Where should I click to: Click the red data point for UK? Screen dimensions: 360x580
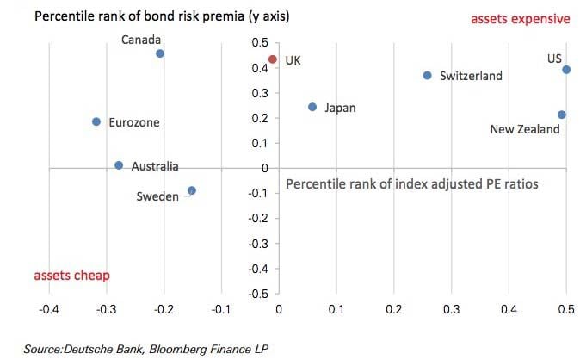click(273, 59)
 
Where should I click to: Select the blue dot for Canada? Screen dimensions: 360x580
click(160, 53)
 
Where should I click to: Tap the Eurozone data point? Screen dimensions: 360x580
click(96, 121)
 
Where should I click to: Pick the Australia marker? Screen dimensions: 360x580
click(119, 165)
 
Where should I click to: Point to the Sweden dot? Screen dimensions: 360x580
click(192, 190)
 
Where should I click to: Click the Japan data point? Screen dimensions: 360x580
click(312, 107)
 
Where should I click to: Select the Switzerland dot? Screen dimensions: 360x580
click(428, 75)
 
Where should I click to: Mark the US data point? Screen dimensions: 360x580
click(566, 70)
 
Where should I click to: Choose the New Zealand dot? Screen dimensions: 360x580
click(561, 115)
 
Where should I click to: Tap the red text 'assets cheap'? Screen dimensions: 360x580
click(71, 276)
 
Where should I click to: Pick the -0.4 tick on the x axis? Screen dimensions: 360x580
click(49, 307)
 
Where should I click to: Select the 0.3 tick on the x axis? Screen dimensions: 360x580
click(451, 307)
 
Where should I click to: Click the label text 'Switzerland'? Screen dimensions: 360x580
click(471, 76)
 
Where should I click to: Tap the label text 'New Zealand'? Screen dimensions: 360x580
click(525, 129)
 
